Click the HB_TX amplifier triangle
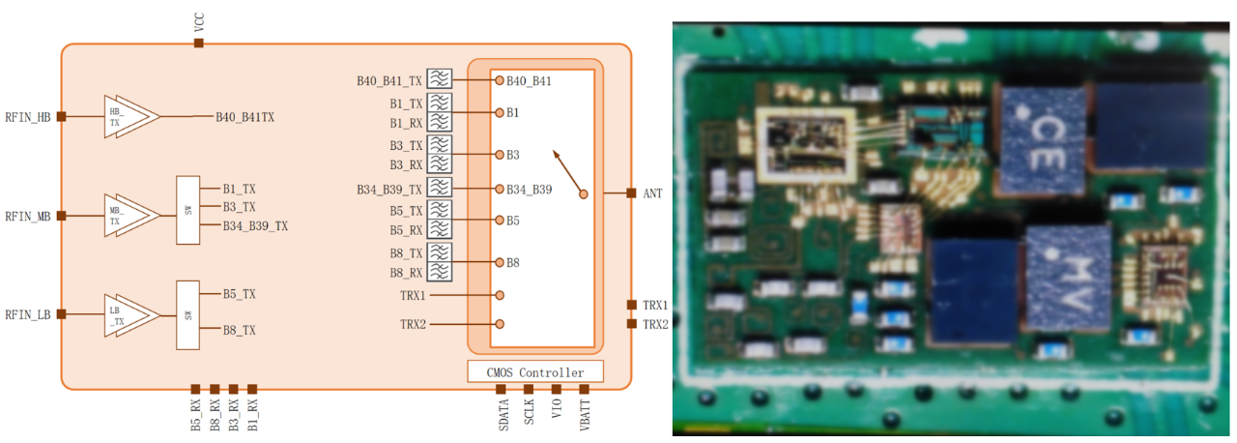click(130, 117)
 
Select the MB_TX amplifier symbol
click(130, 215)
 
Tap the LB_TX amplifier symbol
click(130, 314)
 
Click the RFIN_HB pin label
click(27, 117)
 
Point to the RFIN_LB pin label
click(27, 314)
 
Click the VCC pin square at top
click(199, 43)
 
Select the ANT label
click(653, 193)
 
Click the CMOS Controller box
click(534, 372)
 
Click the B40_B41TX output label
click(245, 117)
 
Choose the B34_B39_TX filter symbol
click(440, 189)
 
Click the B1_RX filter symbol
click(440, 123)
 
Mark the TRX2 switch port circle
click(500, 324)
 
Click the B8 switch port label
click(513, 262)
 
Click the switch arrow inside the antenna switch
click(568, 172)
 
